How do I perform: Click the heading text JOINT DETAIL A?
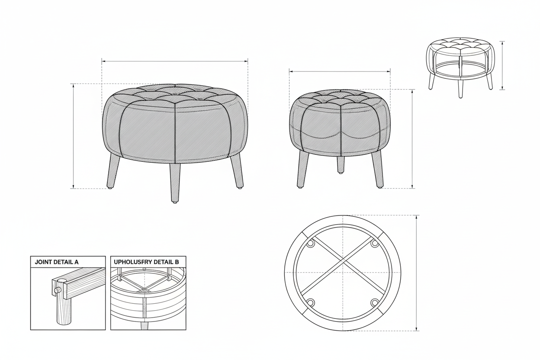(57, 262)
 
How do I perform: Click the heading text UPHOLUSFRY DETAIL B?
(146, 262)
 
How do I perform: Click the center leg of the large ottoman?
(175, 183)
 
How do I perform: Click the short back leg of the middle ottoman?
(341, 165)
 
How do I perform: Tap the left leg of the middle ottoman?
(302, 169)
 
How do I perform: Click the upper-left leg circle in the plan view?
(311, 244)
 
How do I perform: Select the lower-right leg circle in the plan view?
(375, 302)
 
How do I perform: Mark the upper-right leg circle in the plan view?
(374, 244)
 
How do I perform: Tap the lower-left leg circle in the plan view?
(311, 302)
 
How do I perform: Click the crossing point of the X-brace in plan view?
(343, 261)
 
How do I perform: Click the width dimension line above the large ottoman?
(175, 61)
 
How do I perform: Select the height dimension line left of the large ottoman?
(73, 136)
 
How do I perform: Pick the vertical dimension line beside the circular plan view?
(417, 273)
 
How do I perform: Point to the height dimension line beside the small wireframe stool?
(502, 66)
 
